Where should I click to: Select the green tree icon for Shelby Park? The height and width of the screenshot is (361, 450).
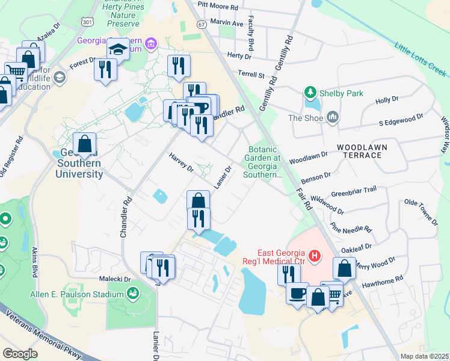coord(310,93)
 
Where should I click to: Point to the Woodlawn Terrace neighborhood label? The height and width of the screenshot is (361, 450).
coord(361,151)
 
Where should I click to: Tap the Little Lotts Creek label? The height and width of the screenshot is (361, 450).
coord(421,60)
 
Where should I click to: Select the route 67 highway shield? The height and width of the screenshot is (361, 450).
coord(201,24)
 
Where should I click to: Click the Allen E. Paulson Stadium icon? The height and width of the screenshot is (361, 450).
coord(133,294)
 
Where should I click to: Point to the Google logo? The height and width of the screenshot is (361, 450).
coord(20,353)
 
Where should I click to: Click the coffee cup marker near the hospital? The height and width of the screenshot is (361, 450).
coord(297,294)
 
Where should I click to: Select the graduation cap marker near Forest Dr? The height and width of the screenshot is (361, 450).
coord(119,50)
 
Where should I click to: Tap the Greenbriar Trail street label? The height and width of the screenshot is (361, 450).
coord(354,190)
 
